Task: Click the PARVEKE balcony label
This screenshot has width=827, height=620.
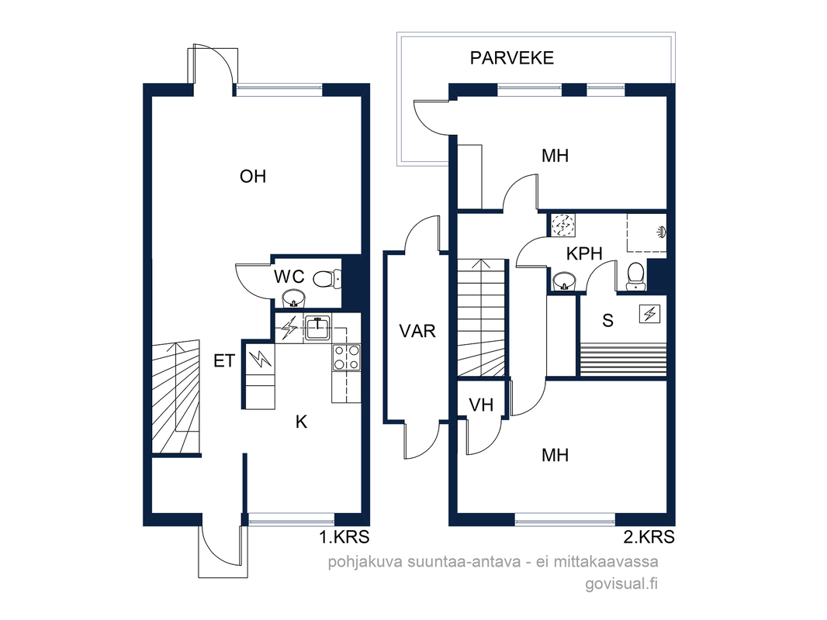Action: (511, 58)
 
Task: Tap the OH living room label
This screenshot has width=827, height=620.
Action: (253, 177)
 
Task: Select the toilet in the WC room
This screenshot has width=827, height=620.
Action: (327, 279)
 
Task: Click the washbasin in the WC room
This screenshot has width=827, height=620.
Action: (294, 298)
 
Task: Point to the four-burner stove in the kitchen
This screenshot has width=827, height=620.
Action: (347, 357)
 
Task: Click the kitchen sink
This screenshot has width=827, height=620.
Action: (317, 329)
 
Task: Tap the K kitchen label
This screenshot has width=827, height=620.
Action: (301, 422)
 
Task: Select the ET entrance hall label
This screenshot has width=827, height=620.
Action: (224, 361)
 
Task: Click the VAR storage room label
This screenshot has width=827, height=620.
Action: (417, 332)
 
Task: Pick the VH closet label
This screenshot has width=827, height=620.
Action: (481, 405)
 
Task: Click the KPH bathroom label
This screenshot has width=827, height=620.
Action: (584, 254)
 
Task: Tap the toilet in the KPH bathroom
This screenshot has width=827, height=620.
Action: (635, 277)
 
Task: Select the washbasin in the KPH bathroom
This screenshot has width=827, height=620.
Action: (564, 281)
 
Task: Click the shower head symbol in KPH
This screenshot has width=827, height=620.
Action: (662, 231)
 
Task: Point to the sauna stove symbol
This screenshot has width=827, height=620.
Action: (650, 314)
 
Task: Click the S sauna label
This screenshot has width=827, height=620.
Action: (607, 321)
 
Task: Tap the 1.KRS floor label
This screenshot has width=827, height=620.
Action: (344, 537)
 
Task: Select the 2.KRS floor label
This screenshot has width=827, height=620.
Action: (649, 537)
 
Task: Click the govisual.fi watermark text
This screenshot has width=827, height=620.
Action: (621, 584)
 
